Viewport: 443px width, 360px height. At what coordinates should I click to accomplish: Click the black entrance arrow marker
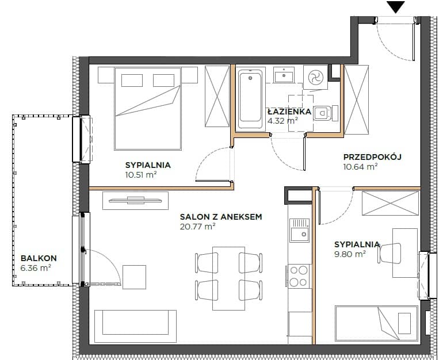click(396, 7)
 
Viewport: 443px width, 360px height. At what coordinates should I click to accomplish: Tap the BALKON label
click(39, 258)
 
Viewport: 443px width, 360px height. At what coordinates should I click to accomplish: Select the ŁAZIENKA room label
click(289, 111)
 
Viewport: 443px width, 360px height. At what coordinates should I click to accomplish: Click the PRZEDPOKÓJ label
click(372, 156)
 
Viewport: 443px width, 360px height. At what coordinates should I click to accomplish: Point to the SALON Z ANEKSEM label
click(221, 217)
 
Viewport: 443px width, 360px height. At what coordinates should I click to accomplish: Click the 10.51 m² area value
click(141, 174)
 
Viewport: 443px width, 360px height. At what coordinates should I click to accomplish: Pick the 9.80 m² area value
click(350, 254)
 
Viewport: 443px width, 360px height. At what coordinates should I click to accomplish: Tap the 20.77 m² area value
click(198, 226)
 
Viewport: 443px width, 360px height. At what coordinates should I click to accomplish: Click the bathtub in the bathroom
click(250, 99)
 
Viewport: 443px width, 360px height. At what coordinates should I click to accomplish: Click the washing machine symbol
click(315, 77)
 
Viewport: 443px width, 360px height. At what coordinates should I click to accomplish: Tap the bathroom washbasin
click(284, 75)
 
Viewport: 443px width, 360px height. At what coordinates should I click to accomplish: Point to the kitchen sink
click(300, 231)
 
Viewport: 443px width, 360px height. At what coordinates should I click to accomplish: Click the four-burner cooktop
click(299, 275)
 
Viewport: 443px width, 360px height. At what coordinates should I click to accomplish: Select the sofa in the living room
click(135, 326)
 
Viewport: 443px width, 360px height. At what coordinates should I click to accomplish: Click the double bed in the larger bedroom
click(147, 109)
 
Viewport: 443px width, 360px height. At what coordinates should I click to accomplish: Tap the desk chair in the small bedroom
click(389, 253)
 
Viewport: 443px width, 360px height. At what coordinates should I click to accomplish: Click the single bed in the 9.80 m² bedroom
click(377, 323)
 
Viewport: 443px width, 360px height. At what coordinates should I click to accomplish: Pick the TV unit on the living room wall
click(135, 201)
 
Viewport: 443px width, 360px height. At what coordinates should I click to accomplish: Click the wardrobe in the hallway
click(357, 99)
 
